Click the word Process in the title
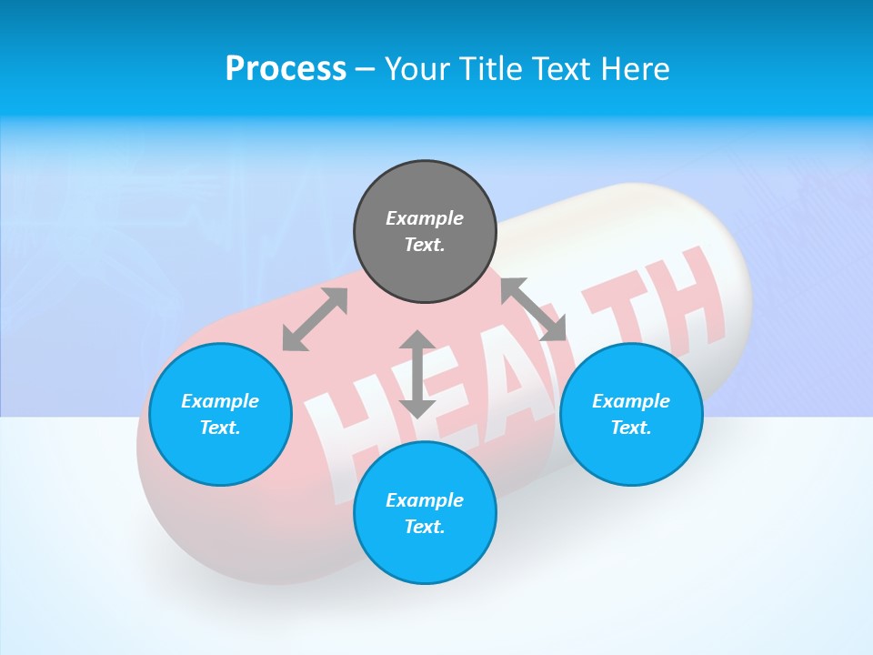[x=286, y=69]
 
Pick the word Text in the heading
[x=559, y=69]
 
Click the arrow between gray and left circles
[x=315, y=319]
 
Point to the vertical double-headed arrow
[x=417, y=374]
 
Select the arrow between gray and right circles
[x=534, y=309]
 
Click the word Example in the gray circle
[x=425, y=218]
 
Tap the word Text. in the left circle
[x=220, y=428]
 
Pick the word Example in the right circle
[x=631, y=401]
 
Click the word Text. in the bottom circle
[x=425, y=527]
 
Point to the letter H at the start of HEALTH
[x=348, y=418]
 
